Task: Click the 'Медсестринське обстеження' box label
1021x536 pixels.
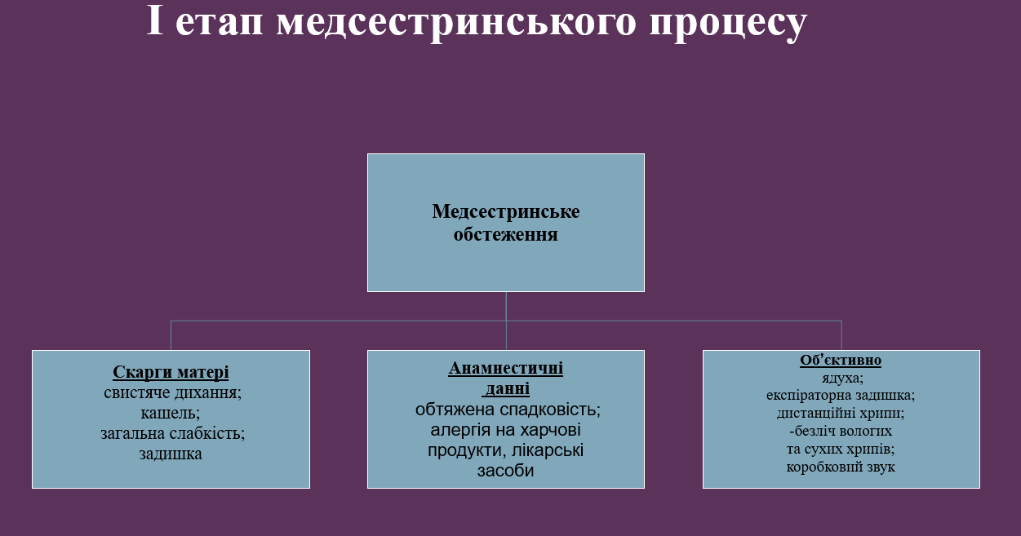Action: [x=506, y=223]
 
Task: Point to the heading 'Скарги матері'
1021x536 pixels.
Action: [x=171, y=373]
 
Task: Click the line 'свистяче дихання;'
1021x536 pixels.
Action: [x=172, y=392]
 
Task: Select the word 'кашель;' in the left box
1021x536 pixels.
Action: [x=171, y=413]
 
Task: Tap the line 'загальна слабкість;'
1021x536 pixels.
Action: [x=172, y=433]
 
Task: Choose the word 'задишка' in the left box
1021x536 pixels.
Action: [x=171, y=454]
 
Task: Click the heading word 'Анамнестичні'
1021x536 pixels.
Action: [x=506, y=368]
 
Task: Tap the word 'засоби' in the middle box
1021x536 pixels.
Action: [x=505, y=471]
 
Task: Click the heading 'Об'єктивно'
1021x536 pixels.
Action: [x=841, y=360]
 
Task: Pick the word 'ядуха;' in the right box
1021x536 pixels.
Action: [x=841, y=378]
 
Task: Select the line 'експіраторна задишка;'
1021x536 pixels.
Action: [x=841, y=396]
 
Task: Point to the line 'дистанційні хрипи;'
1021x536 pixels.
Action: [x=841, y=414]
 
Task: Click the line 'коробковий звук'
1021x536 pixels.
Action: [x=841, y=467]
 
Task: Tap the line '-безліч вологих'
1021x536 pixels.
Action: [x=841, y=432]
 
